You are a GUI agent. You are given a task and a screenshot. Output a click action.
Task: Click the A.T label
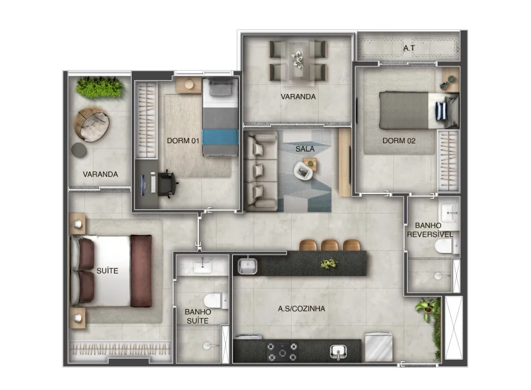pyautogui.click(x=409, y=48)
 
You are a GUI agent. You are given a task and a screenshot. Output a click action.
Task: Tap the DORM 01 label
pyautogui.click(x=183, y=141)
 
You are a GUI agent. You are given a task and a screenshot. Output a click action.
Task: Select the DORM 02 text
pyautogui.click(x=398, y=141)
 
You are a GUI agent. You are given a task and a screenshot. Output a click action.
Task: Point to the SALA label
pyautogui.click(x=305, y=149)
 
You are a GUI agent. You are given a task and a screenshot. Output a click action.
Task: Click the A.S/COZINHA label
pyautogui.click(x=301, y=308)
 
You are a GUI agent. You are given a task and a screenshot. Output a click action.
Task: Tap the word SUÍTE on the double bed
pyautogui.click(x=107, y=271)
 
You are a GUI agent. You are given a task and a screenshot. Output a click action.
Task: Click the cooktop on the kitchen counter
pyautogui.click(x=282, y=352)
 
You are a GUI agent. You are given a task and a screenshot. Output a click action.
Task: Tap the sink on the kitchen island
pyautogui.click(x=247, y=266)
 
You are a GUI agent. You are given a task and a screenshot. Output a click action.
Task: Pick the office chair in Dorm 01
pyautogui.click(x=167, y=183)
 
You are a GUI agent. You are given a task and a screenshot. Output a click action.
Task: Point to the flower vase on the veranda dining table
pyautogui.click(x=298, y=59)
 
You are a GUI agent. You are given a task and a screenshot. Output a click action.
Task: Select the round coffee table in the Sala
pyautogui.click(x=303, y=171)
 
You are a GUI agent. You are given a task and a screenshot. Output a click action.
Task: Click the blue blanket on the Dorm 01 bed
pyautogui.click(x=220, y=137)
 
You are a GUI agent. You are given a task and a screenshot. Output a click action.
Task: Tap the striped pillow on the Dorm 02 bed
pyautogui.click(x=441, y=111)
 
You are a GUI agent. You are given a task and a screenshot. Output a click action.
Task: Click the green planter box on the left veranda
pyautogui.click(x=99, y=88)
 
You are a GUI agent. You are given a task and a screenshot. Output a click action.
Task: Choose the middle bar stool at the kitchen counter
pyautogui.click(x=329, y=245)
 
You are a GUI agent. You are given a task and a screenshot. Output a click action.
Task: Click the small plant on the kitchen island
pyautogui.click(x=328, y=263)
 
